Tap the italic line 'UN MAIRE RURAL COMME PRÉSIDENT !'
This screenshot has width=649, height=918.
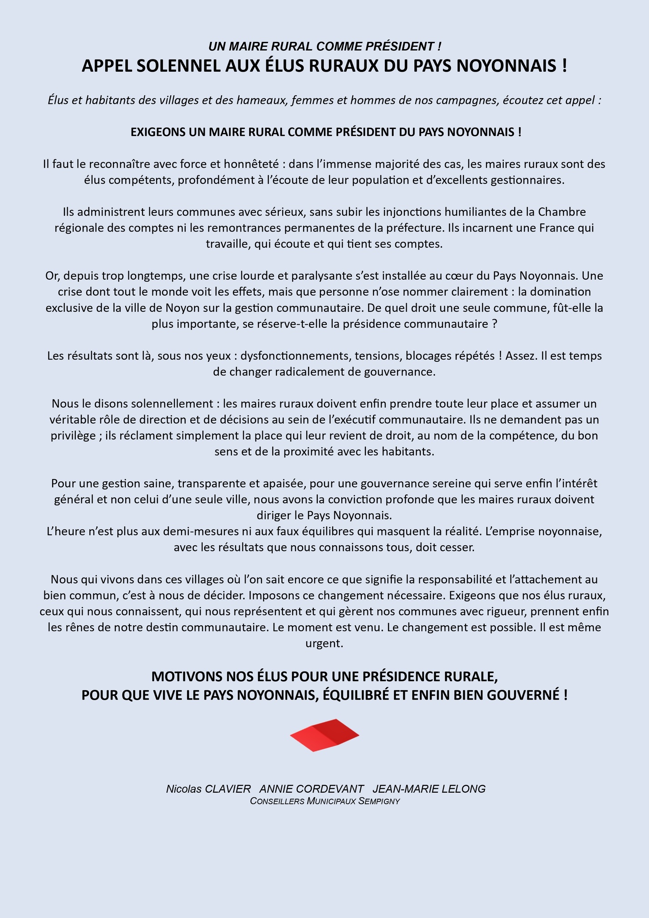click(x=324, y=46)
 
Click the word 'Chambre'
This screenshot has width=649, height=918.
click(x=562, y=212)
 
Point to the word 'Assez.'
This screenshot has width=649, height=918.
click(x=521, y=356)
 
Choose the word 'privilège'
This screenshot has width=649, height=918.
click(x=73, y=436)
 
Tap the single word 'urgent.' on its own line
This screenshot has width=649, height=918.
click(x=324, y=643)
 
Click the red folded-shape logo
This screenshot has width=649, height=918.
click(x=324, y=735)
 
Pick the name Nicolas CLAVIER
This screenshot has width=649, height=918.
click(x=208, y=789)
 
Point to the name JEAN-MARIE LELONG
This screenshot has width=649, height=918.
click(x=429, y=789)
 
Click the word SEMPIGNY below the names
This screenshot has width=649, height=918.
click(x=379, y=801)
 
